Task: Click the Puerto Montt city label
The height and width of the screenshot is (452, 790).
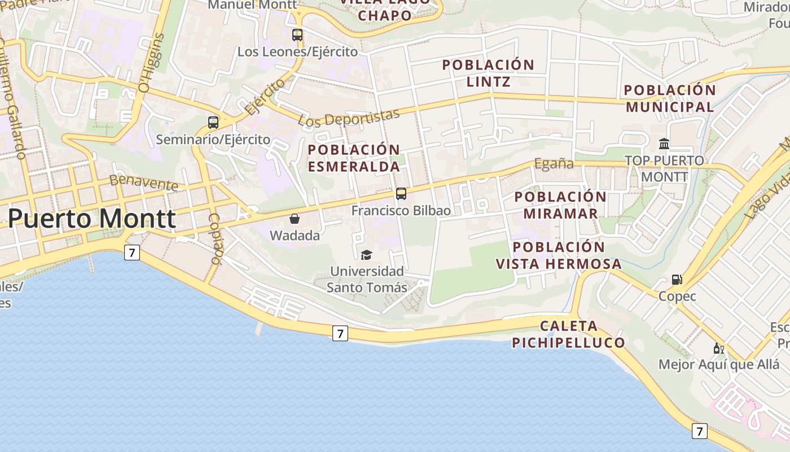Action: tap(92, 219)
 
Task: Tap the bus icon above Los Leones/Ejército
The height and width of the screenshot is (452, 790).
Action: tap(297, 35)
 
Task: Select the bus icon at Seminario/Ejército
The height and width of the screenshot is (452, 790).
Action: tap(213, 122)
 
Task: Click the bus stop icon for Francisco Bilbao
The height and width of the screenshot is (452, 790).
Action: tap(401, 194)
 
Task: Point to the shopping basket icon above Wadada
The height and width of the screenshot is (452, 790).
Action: tap(295, 219)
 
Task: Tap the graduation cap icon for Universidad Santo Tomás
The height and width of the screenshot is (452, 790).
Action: tap(367, 255)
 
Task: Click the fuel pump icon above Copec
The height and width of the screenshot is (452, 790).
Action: tap(677, 279)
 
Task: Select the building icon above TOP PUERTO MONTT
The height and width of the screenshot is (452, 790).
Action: tap(664, 144)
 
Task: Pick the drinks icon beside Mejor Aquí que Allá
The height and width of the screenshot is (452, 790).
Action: tap(718, 348)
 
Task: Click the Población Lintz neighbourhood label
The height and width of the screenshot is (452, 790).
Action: tap(488, 73)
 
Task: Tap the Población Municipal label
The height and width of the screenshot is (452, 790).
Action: tap(670, 98)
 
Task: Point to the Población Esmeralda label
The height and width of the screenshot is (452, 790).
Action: tap(354, 158)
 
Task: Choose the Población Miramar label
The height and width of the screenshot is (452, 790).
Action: tap(560, 205)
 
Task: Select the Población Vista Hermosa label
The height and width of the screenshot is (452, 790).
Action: tap(559, 255)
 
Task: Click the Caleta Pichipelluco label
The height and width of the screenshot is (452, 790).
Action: tap(568, 334)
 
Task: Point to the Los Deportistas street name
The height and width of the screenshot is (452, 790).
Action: tap(348, 118)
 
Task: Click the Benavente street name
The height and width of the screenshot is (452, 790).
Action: tap(144, 182)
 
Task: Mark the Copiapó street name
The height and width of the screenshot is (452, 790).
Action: tap(214, 238)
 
